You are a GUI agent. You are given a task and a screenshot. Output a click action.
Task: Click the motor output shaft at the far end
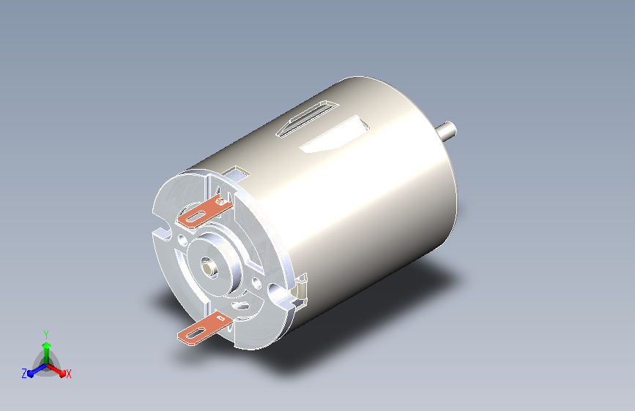pyautogui.click(x=447, y=131)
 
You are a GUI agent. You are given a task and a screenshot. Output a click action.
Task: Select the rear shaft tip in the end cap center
pyautogui.click(x=209, y=268)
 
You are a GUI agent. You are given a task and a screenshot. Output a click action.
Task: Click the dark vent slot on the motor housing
pyautogui.click(x=307, y=118)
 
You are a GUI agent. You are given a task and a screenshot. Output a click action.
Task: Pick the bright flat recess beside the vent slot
pyautogui.click(x=335, y=135)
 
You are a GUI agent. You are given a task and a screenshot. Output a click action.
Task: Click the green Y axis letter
pyautogui.click(x=46, y=335)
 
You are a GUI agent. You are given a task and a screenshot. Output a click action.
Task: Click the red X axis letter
pyautogui.click(x=68, y=374)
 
